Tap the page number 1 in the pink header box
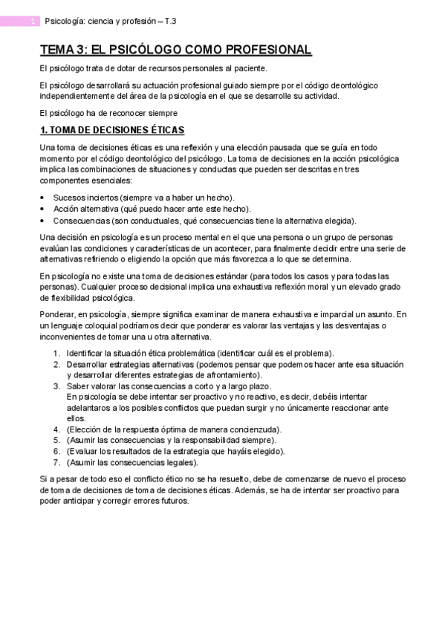click(x=33, y=22)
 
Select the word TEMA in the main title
click(x=56, y=51)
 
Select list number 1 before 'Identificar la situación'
click(x=56, y=353)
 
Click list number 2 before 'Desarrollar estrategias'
click(x=56, y=364)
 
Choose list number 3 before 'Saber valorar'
click(x=56, y=386)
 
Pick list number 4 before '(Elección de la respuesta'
click(x=56, y=429)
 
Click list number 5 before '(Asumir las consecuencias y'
click(x=56, y=441)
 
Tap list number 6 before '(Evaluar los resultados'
click(x=56, y=451)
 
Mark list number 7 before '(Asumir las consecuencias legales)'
click(x=56, y=462)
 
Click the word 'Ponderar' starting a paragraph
click(x=57, y=315)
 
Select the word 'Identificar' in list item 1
click(x=86, y=353)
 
